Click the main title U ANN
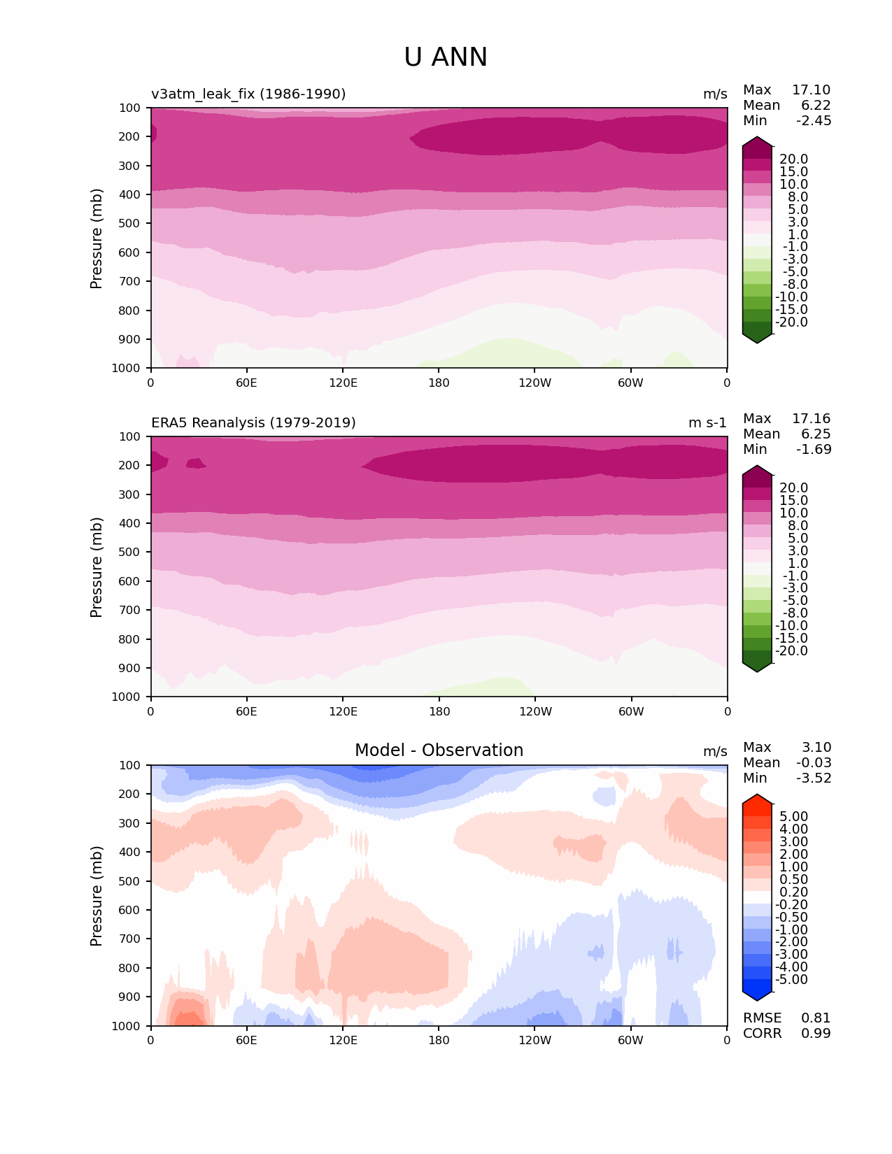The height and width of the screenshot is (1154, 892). tap(446, 57)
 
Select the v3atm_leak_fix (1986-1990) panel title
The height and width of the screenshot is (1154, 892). tap(248, 94)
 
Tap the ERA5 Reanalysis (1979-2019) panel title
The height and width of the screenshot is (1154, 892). tap(253, 422)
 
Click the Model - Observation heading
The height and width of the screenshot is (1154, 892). tap(439, 750)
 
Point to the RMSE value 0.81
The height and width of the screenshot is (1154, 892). tap(816, 1018)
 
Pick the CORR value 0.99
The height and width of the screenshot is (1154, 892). tap(816, 1034)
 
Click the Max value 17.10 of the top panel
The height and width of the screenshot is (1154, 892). tap(811, 90)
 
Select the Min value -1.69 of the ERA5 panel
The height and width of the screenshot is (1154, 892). tap(814, 450)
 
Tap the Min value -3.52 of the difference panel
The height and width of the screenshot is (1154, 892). tap(814, 778)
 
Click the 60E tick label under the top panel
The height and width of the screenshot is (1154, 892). tap(246, 383)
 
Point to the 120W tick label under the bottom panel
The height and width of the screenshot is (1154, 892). tap(535, 1041)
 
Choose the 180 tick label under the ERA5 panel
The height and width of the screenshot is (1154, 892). tap(439, 711)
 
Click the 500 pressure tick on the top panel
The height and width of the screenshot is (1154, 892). tap(131, 223)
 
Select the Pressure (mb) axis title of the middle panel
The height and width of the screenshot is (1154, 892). tap(97, 567)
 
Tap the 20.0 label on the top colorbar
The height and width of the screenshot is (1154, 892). tap(793, 159)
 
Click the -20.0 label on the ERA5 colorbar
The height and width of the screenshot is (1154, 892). tap(791, 651)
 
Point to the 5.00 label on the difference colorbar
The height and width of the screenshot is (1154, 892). tap(793, 817)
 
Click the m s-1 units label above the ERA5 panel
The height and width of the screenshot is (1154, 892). tap(707, 422)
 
